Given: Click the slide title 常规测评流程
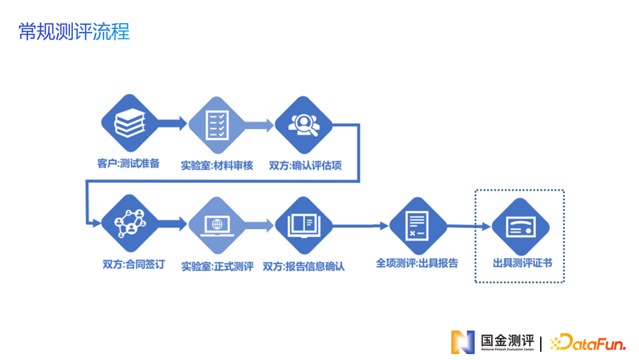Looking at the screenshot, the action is tap(74, 31).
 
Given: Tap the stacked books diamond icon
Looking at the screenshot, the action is tap(130, 124).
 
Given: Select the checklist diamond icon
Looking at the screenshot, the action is tap(217, 124).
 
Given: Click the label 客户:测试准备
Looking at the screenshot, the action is tap(128, 163).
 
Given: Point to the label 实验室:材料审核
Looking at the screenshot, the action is tap(217, 166).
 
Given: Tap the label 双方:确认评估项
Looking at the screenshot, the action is tap(305, 166).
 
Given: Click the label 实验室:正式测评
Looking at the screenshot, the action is tap(217, 266).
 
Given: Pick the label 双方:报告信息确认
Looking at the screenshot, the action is tap(304, 266).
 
